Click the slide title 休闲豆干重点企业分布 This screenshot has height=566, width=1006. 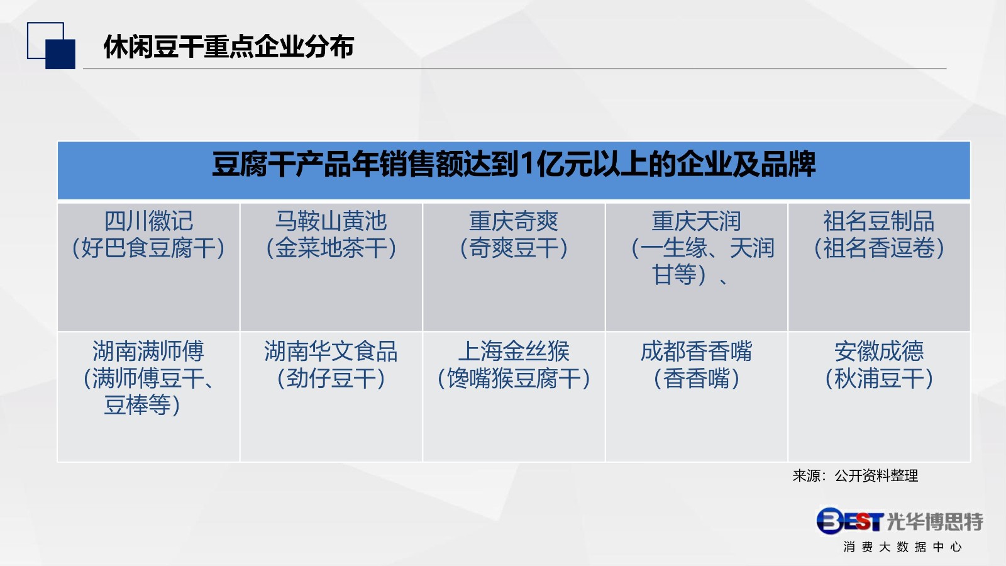pyautogui.click(x=229, y=47)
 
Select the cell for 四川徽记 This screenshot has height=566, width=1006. pyautogui.click(x=148, y=267)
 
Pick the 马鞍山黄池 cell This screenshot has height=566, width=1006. pyautogui.click(x=331, y=267)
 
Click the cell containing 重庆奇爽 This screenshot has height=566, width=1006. pyautogui.click(x=514, y=267)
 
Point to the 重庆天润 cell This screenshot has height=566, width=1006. pyautogui.click(x=697, y=267)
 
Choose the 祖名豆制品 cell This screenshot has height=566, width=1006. pyautogui.click(x=879, y=267)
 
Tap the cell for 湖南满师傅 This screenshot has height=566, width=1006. pyautogui.click(x=148, y=397)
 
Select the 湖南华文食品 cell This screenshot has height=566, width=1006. pyautogui.click(x=331, y=397)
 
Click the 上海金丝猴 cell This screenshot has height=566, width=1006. pyautogui.click(x=514, y=397)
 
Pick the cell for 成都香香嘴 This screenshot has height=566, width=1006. pyautogui.click(x=697, y=397)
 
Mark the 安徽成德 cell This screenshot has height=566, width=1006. pyautogui.click(x=879, y=397)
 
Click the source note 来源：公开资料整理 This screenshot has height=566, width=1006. pyautogui.click(x=855, y=475)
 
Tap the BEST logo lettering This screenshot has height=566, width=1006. pyautogui.click(x=850, y=521)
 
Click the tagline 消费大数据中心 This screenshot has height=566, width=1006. pyautogui.click(x=903, y=547)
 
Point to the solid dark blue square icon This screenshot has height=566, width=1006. pyautogui.click(x=60, y=54)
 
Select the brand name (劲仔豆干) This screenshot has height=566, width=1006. pyautogui.click(x=331, y=378)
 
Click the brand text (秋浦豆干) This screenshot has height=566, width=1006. pyautogui.click(x=879, y=378)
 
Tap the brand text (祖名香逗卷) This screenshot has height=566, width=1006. pyautogui.click(x=879, y=248)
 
